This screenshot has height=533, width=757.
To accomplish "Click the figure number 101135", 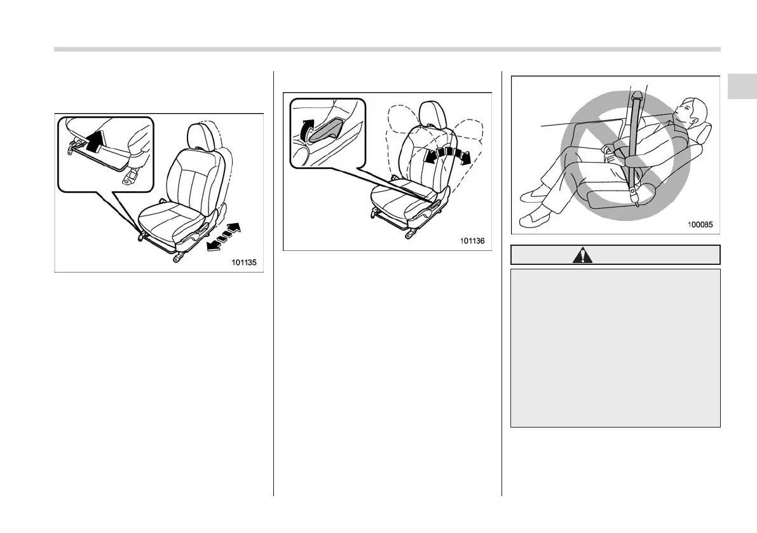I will tap(243, 262).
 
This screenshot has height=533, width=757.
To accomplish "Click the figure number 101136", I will tap(472, 241).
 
